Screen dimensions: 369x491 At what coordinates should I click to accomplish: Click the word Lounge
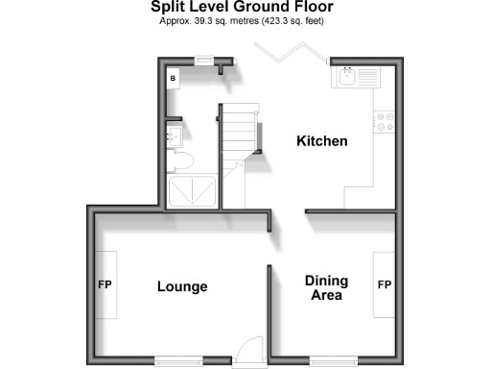click(182, 286)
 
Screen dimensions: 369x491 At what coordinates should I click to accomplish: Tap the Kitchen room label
click(321, 141)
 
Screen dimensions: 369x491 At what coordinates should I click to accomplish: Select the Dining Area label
click(326, 287)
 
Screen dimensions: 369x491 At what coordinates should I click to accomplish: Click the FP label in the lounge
click(105, 285)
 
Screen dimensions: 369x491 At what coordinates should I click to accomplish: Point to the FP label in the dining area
click(385, 285)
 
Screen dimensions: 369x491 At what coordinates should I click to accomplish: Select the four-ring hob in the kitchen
click(386, 121)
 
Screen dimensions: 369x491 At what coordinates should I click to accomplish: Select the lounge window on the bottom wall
click(179, 360)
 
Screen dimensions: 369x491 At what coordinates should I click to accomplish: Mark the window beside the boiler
click(202, 60)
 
